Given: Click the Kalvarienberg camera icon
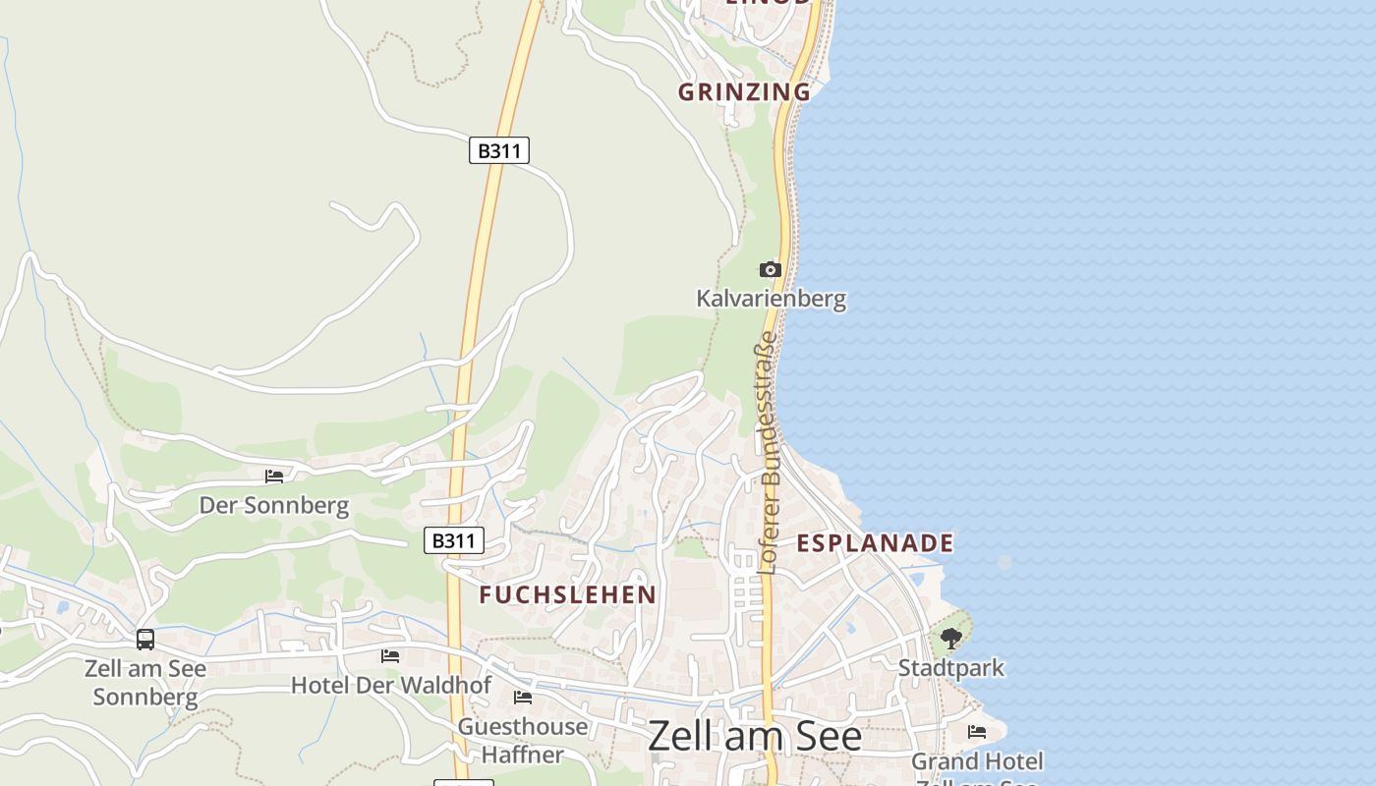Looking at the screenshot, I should [770, 269].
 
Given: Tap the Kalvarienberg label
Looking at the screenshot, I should [771, 298].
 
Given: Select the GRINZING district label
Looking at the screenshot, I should [744, 92].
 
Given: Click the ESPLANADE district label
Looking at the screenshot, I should [874, 543].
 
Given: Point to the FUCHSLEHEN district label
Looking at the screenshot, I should [567, 594].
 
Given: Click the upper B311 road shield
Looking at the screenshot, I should [499, 150].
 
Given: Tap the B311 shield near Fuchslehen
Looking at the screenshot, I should [454, 540].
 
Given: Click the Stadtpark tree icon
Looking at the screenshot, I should [950, 639].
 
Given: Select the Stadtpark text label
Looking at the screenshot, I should [950, 668].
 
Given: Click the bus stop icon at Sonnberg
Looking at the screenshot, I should [145, 640].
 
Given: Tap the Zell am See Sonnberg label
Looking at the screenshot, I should [145, 683].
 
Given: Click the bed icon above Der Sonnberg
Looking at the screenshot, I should [274, 477].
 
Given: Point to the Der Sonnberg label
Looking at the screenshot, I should [274, 506].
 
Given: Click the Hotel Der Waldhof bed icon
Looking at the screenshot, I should [390, 655].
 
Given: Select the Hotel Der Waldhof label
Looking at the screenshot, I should [390, 685].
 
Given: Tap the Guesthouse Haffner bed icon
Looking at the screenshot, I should [523, 698].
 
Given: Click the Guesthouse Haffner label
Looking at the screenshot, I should [523, 741].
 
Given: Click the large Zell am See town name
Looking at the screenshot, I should [754, 736].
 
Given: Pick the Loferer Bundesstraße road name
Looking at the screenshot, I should [768, 453].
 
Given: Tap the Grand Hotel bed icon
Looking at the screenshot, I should [977, 732].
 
